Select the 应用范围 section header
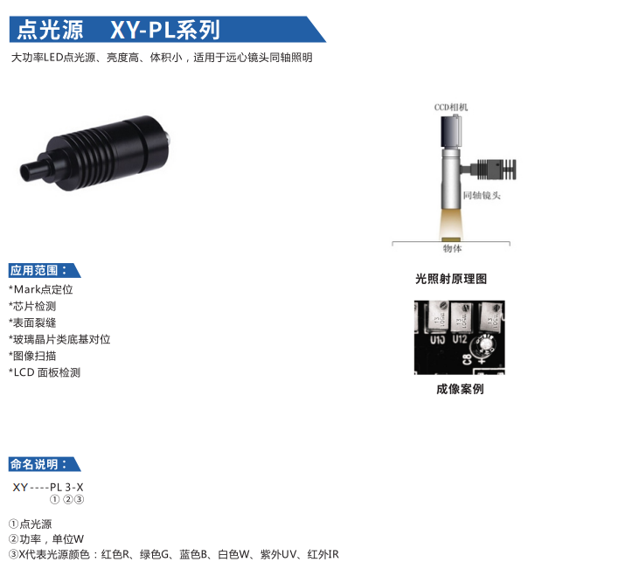(39, 270)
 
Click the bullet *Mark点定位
(41, 289)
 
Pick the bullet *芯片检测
(32, 306)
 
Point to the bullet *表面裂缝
(32, 323)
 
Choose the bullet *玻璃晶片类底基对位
(59, 339)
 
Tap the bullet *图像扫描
(32, 356)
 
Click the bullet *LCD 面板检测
(45, 372)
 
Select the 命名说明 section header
(39, 464)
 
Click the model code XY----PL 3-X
(48, 487)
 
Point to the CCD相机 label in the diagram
(452, 108)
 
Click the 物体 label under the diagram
(452, 249)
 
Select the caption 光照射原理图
(450, 279)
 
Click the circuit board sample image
(459, 337)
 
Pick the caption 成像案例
(459, 389)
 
